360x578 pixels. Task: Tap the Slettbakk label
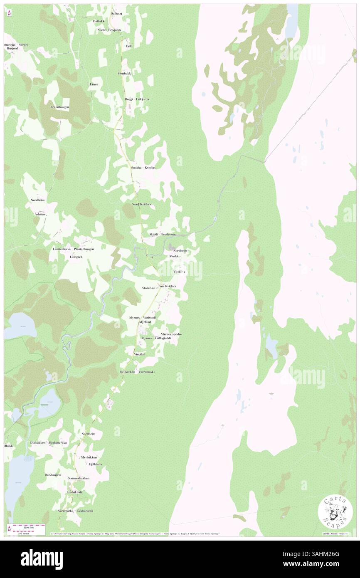point(124,74)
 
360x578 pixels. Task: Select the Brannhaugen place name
point(60,107)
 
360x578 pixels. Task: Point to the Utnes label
point(94,84)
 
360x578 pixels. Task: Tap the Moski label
point(174,257)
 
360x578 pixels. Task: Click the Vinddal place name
point(139,354)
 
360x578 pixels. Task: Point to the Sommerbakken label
point(79,478)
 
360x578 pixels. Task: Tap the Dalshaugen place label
point(53,475)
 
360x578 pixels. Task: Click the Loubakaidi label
point(74,492)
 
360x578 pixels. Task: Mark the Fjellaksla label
point(95,464)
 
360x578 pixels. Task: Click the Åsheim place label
point(40,214)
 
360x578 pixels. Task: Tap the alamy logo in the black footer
point(42,559)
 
